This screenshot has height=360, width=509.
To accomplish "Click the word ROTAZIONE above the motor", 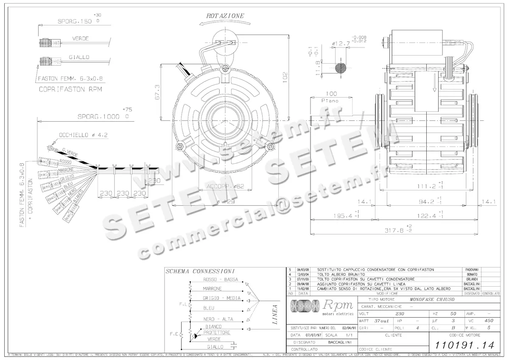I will pyautogui.click(x=225, y=16).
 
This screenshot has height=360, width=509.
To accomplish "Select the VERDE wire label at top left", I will pyautogui.click(x=80, y=39).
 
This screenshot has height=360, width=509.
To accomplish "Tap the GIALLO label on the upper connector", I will pyautogui.click(x=79, y=57).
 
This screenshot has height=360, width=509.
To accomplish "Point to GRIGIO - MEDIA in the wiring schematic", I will pyautogui.click(x=221, y=298).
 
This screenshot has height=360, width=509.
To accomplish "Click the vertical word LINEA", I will pyautogui.click(x=275, y=314).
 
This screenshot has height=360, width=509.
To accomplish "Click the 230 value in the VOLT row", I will pyautogui.click(x=400, y=314).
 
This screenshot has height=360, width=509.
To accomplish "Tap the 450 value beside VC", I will pyautogui.click(x=489, y=321).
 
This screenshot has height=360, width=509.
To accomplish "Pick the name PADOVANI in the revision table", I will pyautogui.click(x=470, y=270).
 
